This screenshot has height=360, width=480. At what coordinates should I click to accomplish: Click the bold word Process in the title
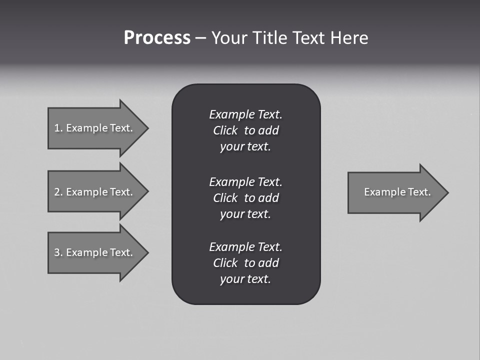[x=157, y=38]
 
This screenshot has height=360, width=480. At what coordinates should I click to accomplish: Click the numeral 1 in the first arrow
[x=56, y=128]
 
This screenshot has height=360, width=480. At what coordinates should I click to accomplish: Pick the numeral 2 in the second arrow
[x=56, y=192]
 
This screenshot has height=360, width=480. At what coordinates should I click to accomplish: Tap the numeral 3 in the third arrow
[x=56, y=252]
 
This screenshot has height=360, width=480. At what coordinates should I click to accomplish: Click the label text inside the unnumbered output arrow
[x=397, y=192]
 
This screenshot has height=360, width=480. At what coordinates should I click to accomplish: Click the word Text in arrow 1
[x=121, y=128]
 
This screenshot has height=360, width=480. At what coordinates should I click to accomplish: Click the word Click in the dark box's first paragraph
[x=225, y=131]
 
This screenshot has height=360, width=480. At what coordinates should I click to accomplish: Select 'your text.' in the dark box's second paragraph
[x=245, y=214]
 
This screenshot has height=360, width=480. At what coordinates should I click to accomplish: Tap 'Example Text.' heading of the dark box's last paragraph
[x=245, y=247]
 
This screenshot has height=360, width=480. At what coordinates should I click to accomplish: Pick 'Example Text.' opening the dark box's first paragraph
[x=245, y=114]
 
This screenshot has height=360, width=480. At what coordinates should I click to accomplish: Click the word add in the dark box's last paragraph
[x=268, y=263]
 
